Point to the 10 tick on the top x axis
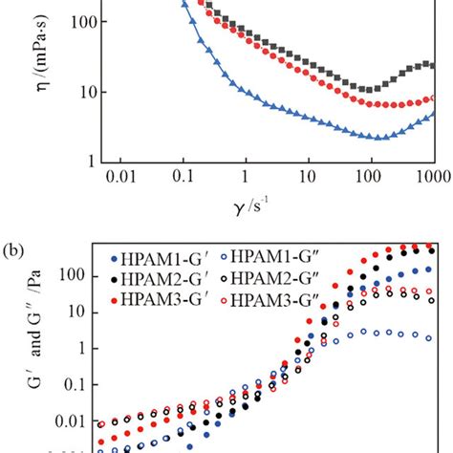(x=308, y=179)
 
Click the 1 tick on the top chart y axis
(x=85, y=160)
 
